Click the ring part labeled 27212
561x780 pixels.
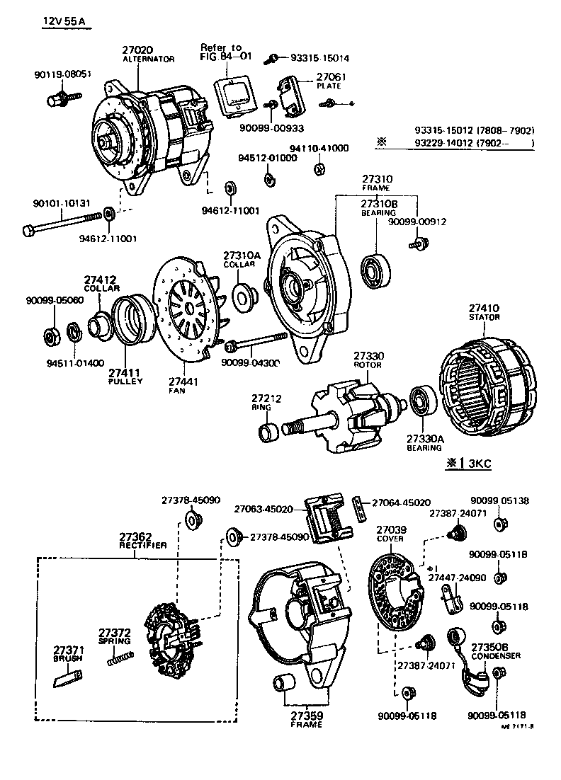[x=270, y=430]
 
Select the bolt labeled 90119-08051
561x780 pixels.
[x=59, y=98]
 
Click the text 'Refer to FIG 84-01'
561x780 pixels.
[x=221, y=52]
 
